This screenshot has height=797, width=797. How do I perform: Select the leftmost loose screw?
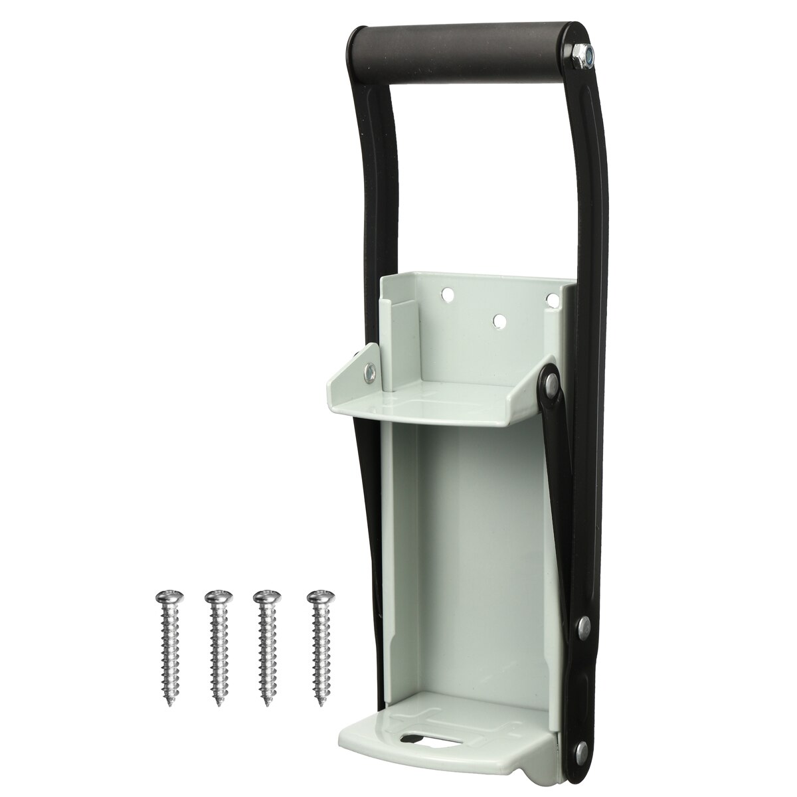pos(165,644)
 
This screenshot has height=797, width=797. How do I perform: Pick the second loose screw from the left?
pos(217,644)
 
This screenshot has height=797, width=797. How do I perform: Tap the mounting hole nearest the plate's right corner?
pos(551,300)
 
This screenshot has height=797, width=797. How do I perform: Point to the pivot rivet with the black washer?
pos(550,381)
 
